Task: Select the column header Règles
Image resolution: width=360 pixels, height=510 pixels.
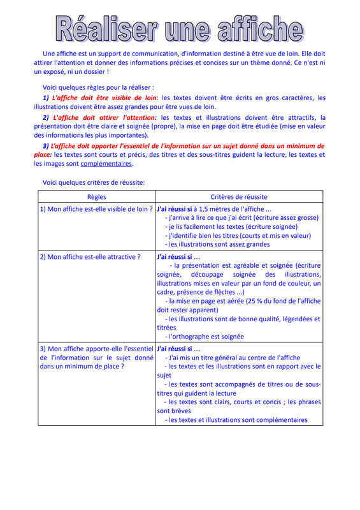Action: tap(96, 197)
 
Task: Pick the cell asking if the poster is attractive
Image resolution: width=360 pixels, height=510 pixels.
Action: tap(90, 257)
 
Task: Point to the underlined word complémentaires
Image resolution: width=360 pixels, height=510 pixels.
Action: tap(107, 163)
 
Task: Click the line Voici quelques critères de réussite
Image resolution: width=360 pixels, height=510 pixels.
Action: tap(94, 182)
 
